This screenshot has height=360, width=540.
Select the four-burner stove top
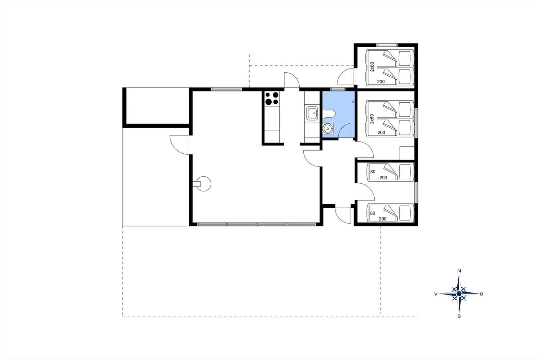[272, 99]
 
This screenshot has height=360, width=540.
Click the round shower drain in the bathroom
[328, 128]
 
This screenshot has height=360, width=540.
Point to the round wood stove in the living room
[204, 184]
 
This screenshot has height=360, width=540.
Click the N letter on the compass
[459, 271]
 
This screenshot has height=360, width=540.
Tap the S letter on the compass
[459, 316]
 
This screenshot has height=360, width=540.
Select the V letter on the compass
[436, 294]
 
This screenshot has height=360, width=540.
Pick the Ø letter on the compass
[482, 294]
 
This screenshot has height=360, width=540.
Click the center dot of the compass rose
[459, 294]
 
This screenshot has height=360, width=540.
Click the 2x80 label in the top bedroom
[372, 67]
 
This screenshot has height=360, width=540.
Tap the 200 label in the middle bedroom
[381, 132]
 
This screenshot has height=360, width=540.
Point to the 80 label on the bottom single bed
[373, 213]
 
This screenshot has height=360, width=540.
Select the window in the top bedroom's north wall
[387, 45]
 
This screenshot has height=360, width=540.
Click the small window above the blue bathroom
[338, 89]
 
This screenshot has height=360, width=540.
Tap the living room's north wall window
[226, 89]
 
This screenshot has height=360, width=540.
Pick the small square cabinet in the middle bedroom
[407, 153]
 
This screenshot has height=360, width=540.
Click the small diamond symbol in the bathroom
[353, 102]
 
